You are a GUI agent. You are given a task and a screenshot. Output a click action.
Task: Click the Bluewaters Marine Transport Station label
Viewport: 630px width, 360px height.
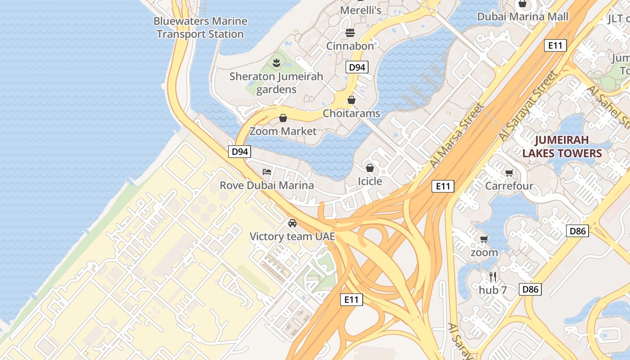click(x=200, y=27)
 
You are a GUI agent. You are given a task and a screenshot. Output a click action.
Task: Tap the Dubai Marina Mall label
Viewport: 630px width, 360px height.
click(x=522, y=17)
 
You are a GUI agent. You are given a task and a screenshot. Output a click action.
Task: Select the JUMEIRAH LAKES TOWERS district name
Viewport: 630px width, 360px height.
click(x=562, y=146)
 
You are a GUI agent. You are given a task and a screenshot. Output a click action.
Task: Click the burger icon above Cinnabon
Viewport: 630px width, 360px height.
click(x=350, y=33)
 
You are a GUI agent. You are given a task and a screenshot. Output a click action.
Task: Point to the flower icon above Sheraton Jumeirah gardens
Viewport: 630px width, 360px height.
click(x=277, y=63)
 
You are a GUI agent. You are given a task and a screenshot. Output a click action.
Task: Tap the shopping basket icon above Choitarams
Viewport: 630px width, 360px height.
click(x=351, y=100)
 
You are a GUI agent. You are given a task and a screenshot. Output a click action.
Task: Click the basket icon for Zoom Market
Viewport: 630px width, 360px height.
click(x=283, y=118)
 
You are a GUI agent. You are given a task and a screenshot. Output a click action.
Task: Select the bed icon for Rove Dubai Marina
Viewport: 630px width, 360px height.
click(x=267, y=172)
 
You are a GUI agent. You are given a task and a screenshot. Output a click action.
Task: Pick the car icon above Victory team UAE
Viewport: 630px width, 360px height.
click(x=292, y=223)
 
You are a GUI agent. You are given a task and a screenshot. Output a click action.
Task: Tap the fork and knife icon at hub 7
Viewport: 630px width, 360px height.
click(x=493, y=276)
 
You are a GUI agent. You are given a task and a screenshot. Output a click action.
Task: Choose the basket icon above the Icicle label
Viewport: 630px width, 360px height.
click(x=369, y=168)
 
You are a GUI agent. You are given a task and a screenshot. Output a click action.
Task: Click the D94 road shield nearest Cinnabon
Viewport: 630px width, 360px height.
click(x=357, y=67)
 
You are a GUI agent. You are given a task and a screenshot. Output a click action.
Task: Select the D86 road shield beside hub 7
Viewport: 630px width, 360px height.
click(x=530, y=289)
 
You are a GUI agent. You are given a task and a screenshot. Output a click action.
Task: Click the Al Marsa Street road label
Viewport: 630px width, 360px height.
click(x=456, y=135)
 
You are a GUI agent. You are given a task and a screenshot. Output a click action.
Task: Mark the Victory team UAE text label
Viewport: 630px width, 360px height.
click(x=292, y=236)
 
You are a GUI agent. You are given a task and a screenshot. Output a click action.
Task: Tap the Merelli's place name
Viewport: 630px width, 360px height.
click(x=360, y=10)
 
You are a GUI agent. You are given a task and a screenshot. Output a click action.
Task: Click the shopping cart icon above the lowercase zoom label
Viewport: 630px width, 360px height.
click(x=484, y=239)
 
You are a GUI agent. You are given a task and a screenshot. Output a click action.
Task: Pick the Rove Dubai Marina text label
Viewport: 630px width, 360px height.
click(x=266, y=185)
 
